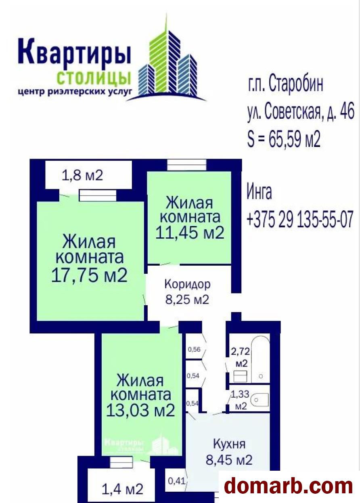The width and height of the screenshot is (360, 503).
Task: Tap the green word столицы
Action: [x=94, y=78]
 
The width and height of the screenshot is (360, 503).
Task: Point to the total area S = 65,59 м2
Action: [x=284, y=139]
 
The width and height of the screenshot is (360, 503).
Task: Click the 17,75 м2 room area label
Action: [x=90, y=276]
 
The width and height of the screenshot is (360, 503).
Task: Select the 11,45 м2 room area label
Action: [x=190, y=232]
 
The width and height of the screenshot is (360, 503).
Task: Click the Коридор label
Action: [x=187, y=284]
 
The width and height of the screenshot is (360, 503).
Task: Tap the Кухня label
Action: [x=229, y=444]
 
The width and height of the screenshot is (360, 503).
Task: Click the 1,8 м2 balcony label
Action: [x=82, y=175]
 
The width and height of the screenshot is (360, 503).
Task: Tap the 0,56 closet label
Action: [x=193, y=349]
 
